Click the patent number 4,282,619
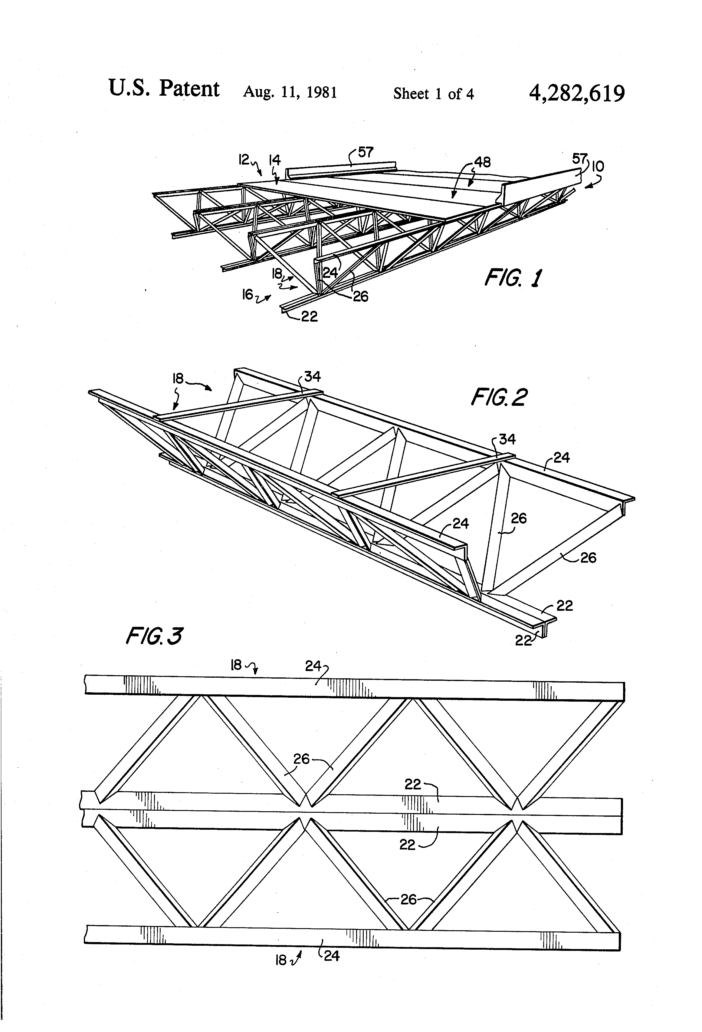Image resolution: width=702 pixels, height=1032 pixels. pyautogui.click(x=576, y=94)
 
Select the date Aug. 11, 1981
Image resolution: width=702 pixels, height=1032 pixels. pyautogui.click(x=290, y=92)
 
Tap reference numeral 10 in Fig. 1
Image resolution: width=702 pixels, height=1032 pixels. pyautogui.click(x=598, y=167)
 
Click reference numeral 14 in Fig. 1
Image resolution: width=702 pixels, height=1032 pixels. pyautogui.click(x=275, y=160)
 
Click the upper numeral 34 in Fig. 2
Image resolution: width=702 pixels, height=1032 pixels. pyautogui.click(x=312, y=377)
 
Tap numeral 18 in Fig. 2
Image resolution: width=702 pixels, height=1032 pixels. pyautogui.click(x=178, y=378)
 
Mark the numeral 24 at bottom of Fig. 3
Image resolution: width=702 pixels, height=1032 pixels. pyautogui.click(x=331, y=956)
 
